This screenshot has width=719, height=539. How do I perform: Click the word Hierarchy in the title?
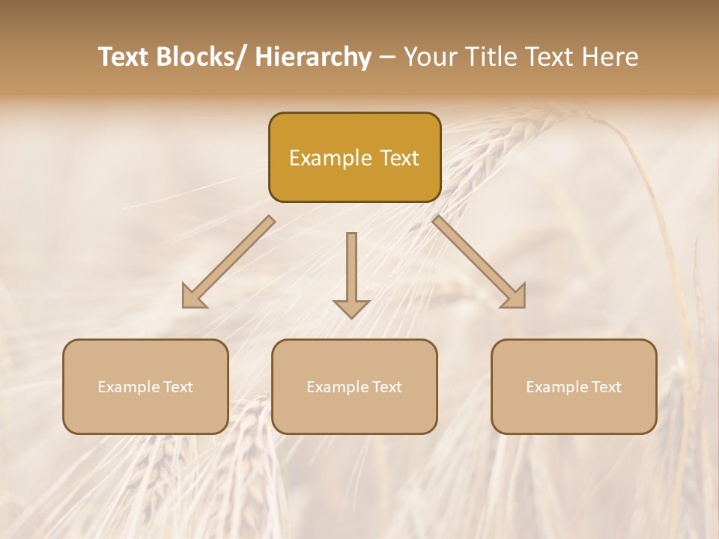tap(313, 58)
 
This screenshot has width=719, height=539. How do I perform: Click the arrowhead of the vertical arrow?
tap(351, 308)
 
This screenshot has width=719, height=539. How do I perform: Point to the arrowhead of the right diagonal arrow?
tap(515, 298)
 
